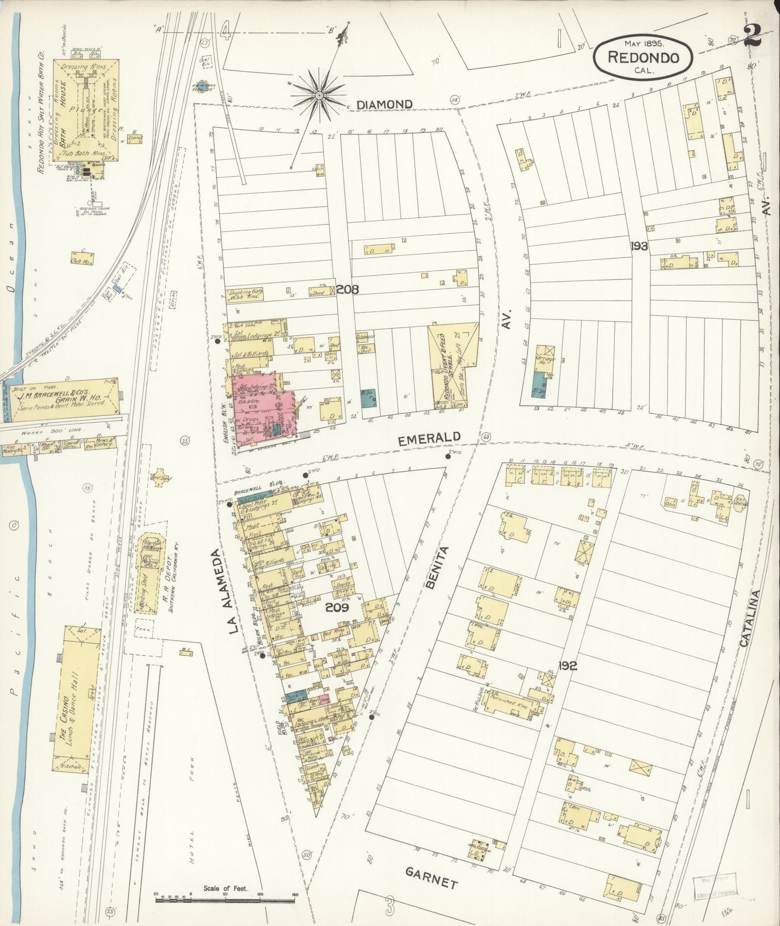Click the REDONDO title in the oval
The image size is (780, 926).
pos(643,57)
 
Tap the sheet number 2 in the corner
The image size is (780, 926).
pos(752,36)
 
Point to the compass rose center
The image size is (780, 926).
pos(318,95)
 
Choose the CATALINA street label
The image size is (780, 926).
pos(748,619)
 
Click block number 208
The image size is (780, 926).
pos(348,290)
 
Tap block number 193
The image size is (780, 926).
pos(639,246)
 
